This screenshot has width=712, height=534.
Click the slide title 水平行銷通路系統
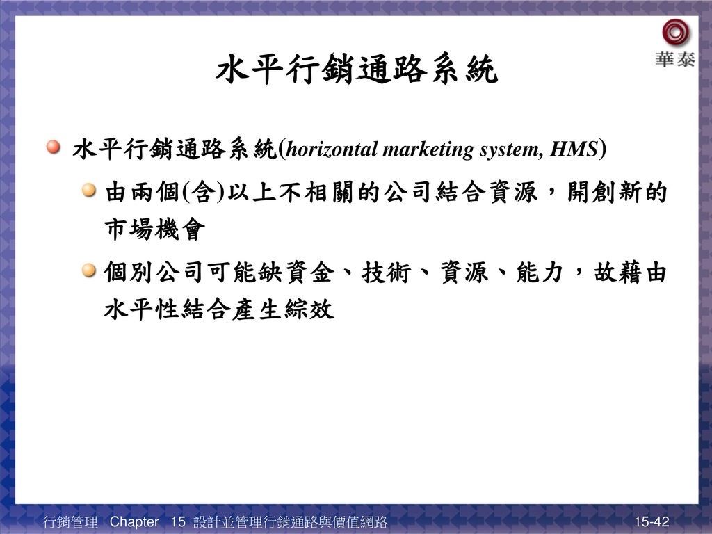coord(357,70)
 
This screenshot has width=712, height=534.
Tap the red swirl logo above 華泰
coord(675,33)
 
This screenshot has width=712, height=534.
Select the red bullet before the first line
coord(54,147)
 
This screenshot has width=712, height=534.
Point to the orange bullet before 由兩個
coord(89,190)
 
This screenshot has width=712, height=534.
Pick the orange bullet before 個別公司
coord(89,270)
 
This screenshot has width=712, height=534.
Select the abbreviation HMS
coord(574,149)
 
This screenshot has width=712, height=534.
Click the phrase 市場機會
coord(155,229)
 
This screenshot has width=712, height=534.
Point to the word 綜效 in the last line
coord(309,309)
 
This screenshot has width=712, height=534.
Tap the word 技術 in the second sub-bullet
coord(387,273)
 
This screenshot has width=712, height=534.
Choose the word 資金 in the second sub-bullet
coord(310,273)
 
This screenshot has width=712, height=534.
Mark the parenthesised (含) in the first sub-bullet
coord(203,192)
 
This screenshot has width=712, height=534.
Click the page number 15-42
coord(652,521)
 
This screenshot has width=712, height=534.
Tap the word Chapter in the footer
coord(134,521)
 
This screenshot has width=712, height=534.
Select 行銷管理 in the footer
coord(70,521)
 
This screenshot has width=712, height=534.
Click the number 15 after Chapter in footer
coord(178,521)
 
